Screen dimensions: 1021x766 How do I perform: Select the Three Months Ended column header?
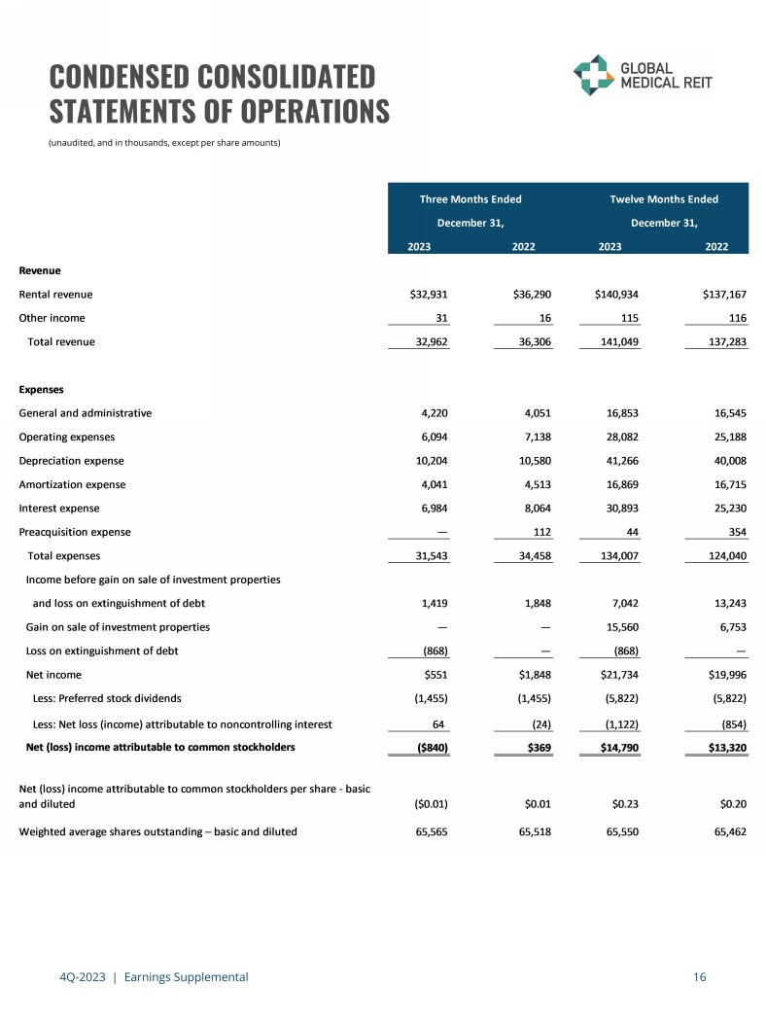[x=470, y=199]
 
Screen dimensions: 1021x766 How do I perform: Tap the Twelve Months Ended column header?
[x=664, y=199]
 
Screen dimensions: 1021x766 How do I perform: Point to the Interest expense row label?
[x=59, y=508]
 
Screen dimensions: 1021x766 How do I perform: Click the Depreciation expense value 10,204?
[x=428, y=461]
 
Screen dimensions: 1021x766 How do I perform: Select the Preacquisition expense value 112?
[x=542, y=532]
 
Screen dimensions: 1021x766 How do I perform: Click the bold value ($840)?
[x=426, y=747]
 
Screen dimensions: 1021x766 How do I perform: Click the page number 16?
[x=700, y=977]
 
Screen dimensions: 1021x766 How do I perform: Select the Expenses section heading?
[x=42, y=389]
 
